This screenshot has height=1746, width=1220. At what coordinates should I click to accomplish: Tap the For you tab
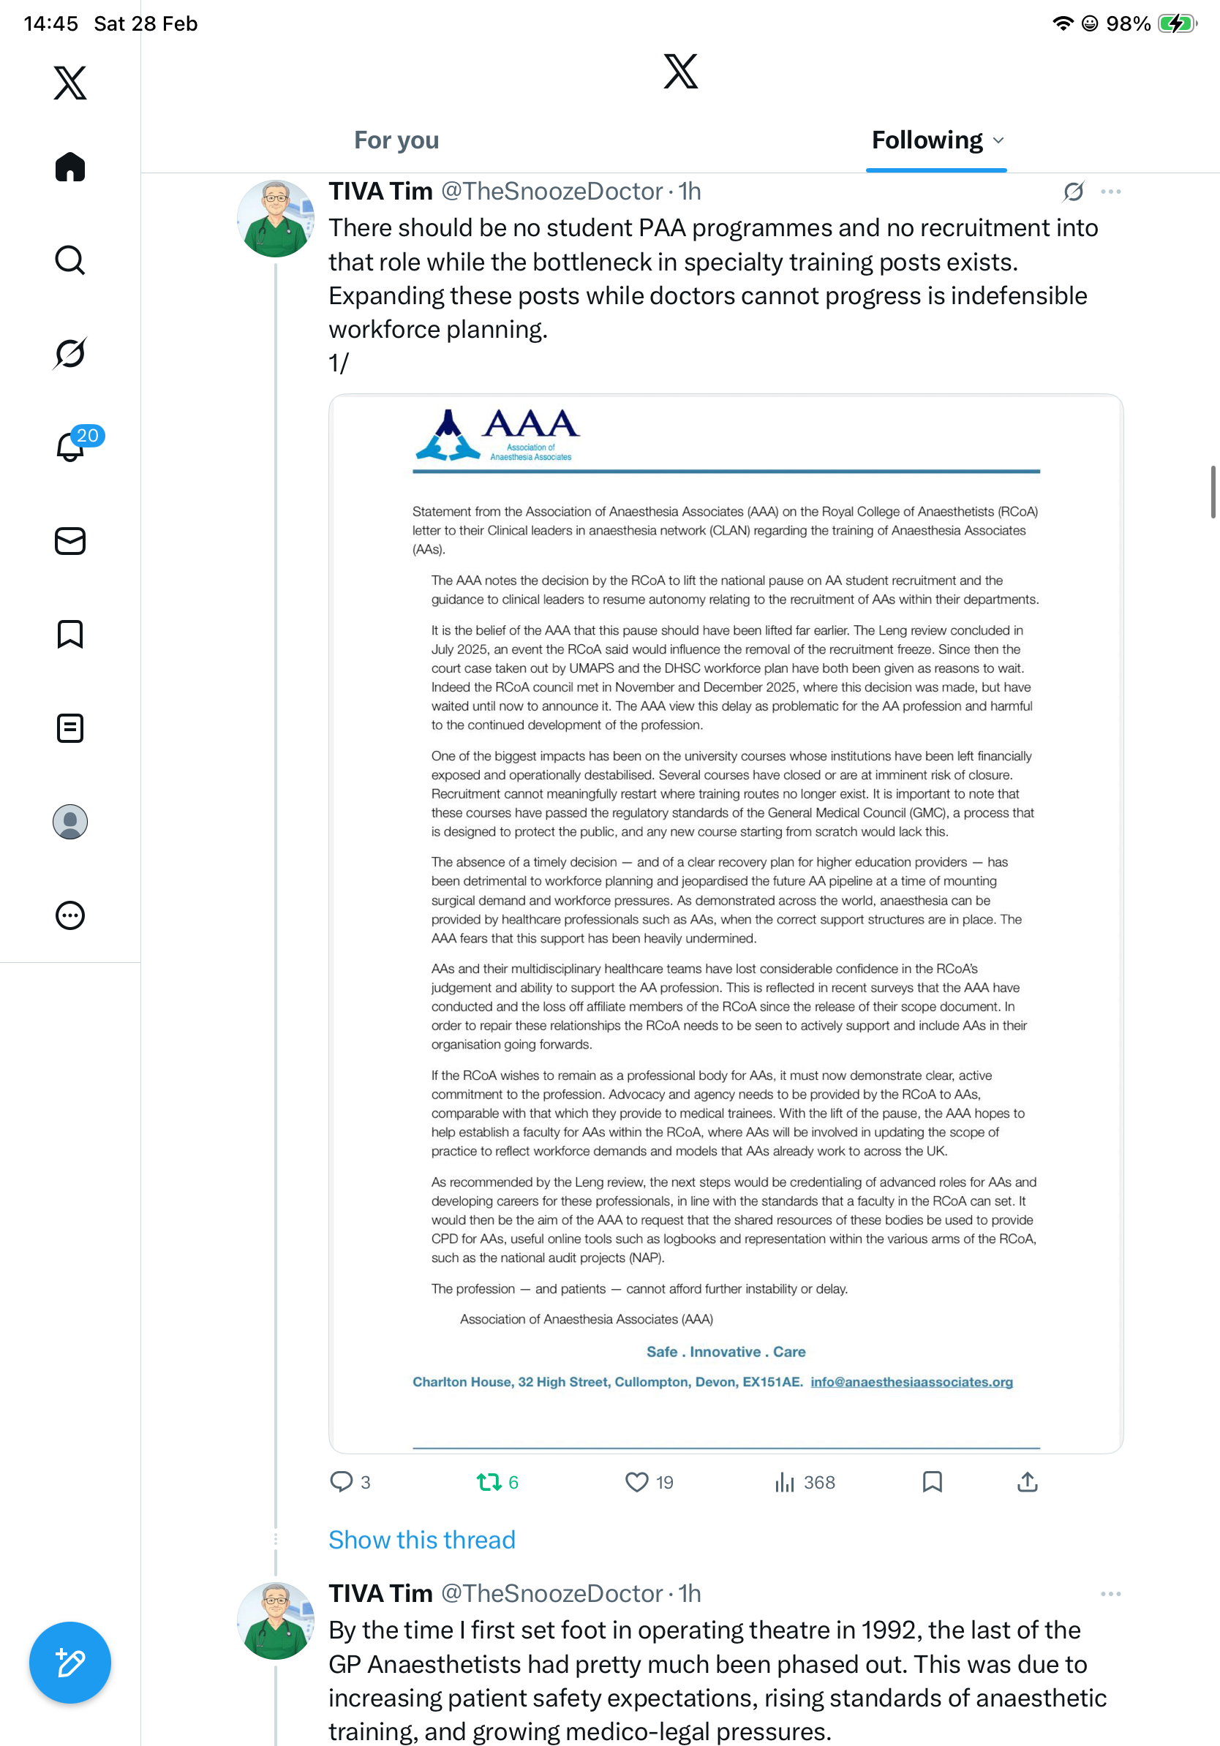pyautogui.click(x=396, y=140)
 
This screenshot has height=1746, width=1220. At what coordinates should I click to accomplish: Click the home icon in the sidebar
pyautogui.click(x=70, y=167)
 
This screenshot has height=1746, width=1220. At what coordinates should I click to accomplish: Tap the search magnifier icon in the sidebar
pyautogui.click(x=70, y=260)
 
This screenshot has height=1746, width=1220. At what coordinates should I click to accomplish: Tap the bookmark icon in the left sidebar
pyautogui.click(x=70, y=634)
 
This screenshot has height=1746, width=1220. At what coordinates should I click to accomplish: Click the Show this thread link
pyautogui.click(x=421, y=1540)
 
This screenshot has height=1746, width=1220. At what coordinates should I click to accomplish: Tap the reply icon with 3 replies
pyautogui.click(x=342, y=1482)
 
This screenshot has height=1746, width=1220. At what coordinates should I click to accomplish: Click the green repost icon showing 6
pyautogui.click(x=489, y=1482)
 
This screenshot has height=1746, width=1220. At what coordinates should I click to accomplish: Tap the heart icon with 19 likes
pyautogui.click(x=636, y=1482)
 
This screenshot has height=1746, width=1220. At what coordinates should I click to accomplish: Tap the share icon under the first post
pyautogui.click(x=1027, y=1482)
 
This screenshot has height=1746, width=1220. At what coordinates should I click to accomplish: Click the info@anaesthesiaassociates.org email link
pyautogui.click(x=911, y=1382)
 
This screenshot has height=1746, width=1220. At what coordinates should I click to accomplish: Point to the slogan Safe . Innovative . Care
pyautogui.click(x=726, y=1351)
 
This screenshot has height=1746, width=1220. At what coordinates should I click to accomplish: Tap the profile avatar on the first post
pyautogui.click(x=275, y=219)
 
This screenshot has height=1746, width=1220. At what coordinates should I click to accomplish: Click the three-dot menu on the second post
pyautogui.click(x=1110, y=1594)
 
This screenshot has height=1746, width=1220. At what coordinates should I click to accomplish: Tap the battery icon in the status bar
pyautogui.click(x=1176, y=23)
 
